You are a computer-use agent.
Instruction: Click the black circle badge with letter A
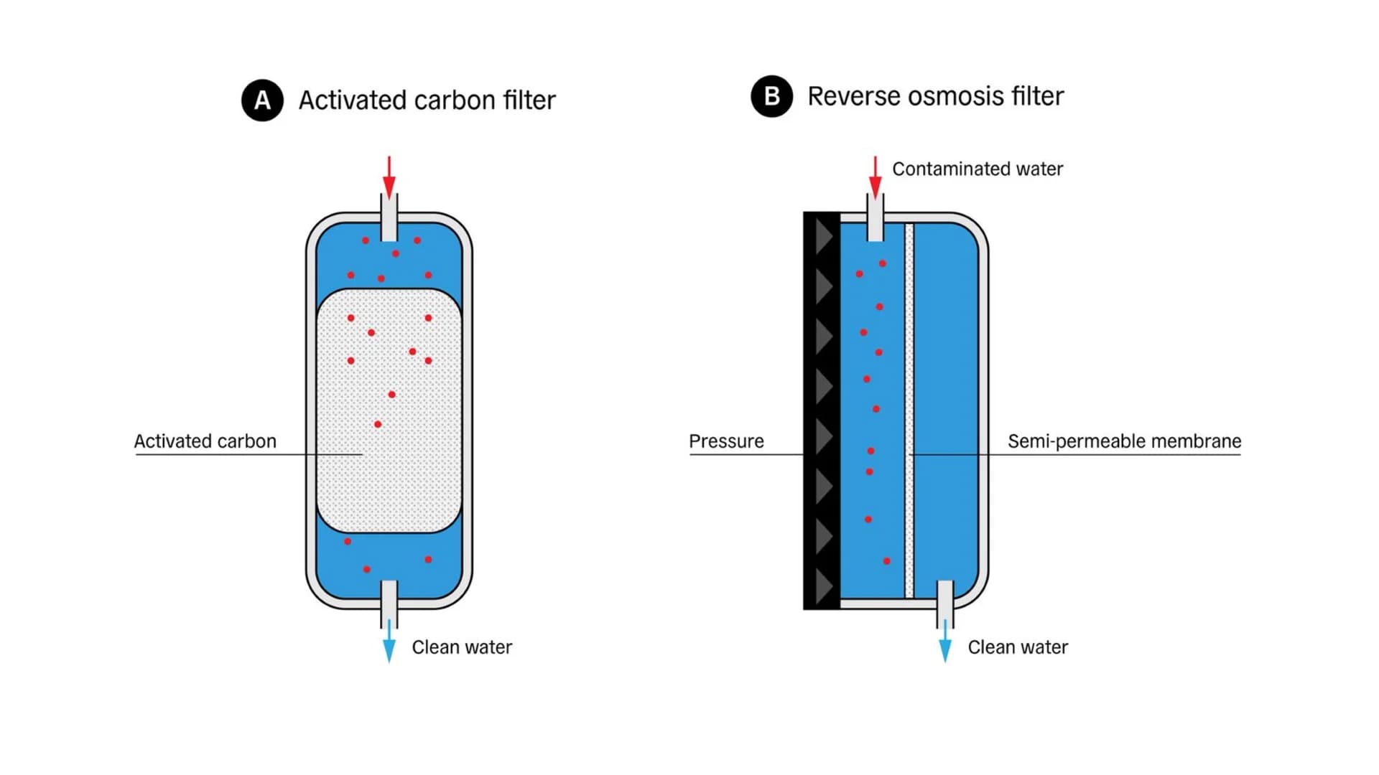262,100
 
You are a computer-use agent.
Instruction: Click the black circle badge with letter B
771,96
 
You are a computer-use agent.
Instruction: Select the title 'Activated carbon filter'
427,100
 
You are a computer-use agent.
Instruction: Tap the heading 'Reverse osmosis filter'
935,96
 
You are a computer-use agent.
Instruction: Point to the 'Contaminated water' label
977,169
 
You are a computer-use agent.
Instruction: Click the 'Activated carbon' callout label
205,441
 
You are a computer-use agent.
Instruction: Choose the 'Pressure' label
726,441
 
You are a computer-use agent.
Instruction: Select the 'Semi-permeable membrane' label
1124,441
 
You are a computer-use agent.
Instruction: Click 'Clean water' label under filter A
462,647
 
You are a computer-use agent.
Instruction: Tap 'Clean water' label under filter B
1018,647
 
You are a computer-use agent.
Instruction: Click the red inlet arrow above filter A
389,177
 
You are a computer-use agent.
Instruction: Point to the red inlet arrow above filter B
875,177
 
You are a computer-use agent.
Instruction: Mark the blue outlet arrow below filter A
389,642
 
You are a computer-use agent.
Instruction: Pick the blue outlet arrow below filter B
945,642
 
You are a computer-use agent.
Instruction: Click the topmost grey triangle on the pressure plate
824,237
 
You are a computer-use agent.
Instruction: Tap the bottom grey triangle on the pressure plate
824,586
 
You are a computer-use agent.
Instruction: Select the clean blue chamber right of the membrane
946,402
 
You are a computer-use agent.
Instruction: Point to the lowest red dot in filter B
887,561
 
